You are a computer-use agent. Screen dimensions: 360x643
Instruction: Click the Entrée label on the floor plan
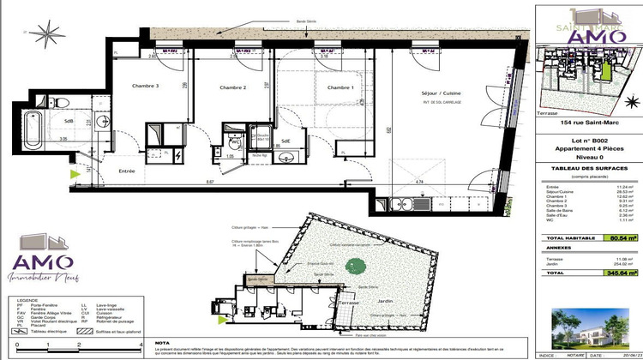click(x=127, y=171)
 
